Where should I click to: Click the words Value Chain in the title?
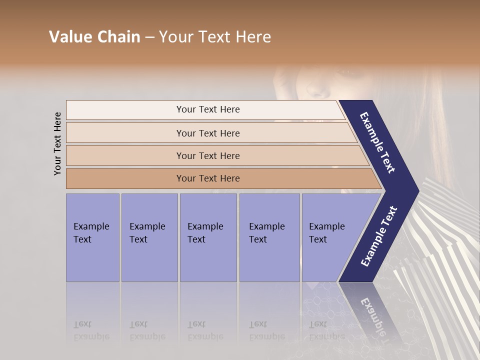coord(94,37)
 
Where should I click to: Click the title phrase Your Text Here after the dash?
coord(215,37)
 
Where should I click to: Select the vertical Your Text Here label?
coord(57,143)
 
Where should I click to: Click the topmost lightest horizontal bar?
coord(208,109)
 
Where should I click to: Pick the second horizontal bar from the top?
coord(208,133)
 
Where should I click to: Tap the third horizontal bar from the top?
coord(208,155)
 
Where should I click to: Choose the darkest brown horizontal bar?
coord(208,178)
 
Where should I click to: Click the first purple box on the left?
coord(92,237)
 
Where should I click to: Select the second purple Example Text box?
coord(149,237)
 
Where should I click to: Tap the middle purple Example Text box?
coord(207,237)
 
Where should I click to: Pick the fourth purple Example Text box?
coord(269,237)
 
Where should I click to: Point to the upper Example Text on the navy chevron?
coord(377,142)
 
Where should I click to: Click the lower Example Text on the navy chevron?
coord(378,236)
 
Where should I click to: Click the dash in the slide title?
coord(149,37)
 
